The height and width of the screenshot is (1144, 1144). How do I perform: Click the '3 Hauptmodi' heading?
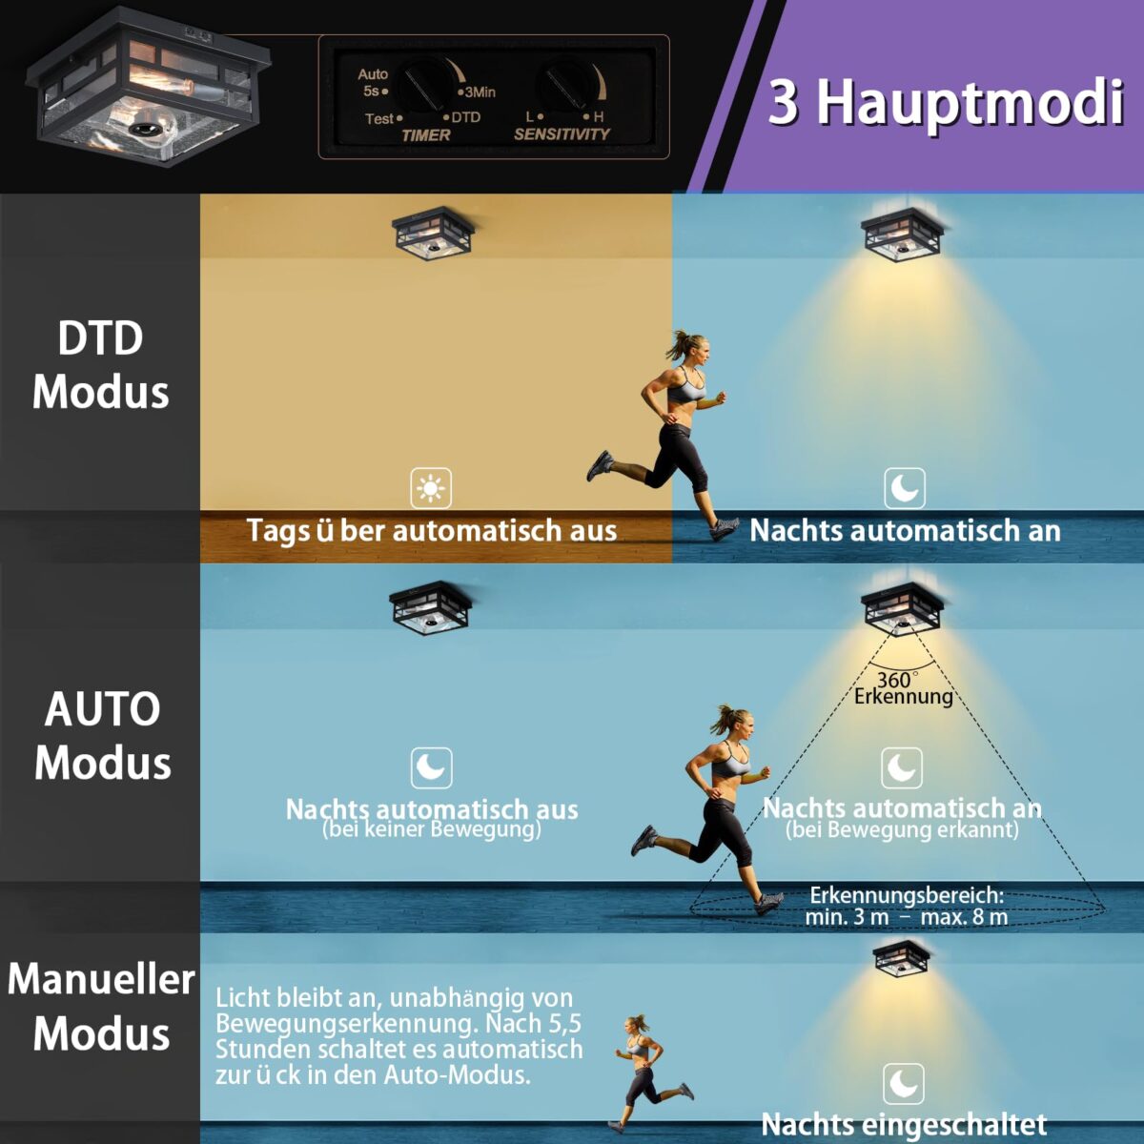pos(946,103)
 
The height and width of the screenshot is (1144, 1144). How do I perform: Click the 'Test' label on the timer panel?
pos(378,119)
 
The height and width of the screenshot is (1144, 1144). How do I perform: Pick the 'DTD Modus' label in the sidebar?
pos(100,365)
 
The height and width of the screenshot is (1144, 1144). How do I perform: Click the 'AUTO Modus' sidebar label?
pos(102,736)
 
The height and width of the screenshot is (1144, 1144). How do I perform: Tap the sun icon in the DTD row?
pos(431,488)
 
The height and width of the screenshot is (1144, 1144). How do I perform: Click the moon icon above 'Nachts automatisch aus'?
pos(432,767)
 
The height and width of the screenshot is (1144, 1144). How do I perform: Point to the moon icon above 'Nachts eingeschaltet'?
pos(904,1083)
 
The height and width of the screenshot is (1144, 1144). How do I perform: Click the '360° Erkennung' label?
pos(903,688)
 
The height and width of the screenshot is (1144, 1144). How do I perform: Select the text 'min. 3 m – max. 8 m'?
pos(907,917)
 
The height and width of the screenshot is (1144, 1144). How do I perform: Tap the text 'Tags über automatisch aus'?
pos(432,530)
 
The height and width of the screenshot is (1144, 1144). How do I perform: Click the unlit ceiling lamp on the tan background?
pos(433,234)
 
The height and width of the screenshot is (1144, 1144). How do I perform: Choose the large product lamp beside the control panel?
pos(148,88)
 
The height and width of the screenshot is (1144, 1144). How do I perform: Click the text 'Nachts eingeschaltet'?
pos(904,1124)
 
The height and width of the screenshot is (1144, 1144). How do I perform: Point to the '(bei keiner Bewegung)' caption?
pos(432,828)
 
